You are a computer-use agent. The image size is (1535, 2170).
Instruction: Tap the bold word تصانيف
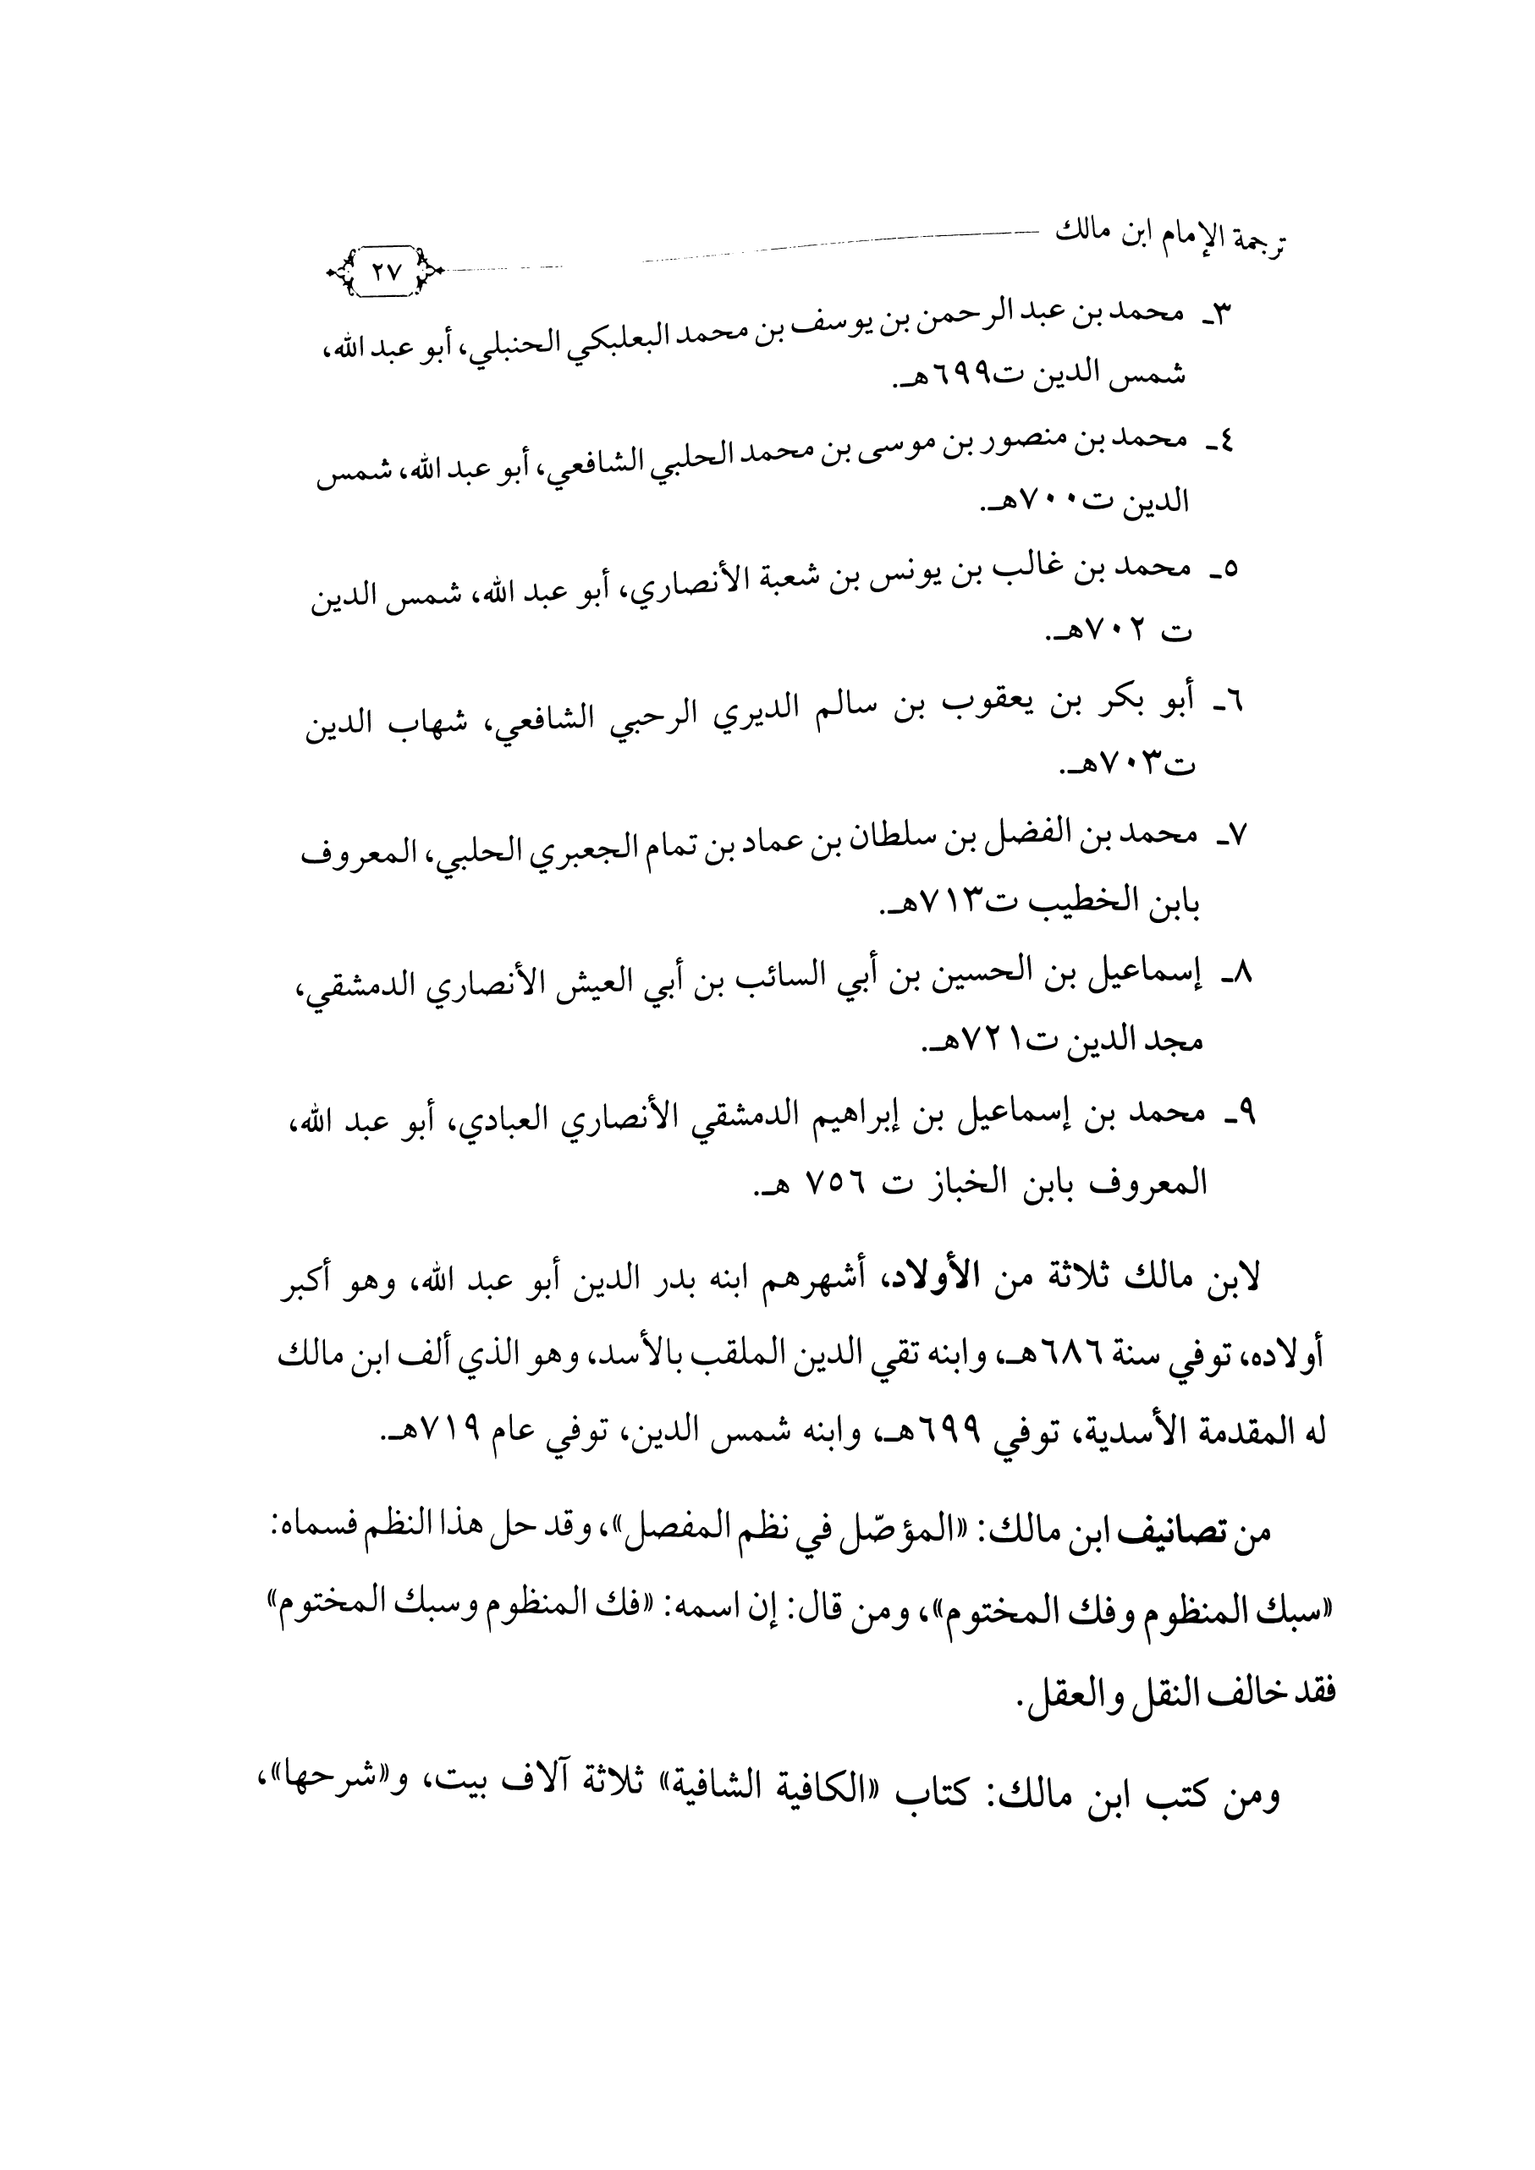click(x=1170, y=1533)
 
